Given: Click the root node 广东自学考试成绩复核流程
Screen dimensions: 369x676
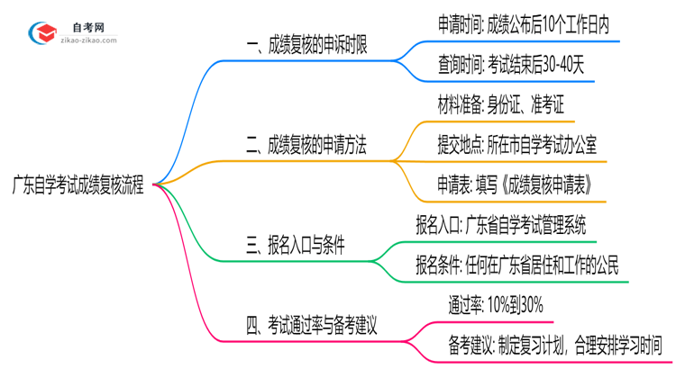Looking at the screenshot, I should tap(83, 184).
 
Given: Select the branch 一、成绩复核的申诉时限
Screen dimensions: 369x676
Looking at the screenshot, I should tap(306, 44).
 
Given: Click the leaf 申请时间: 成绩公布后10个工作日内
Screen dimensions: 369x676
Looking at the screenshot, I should tap(523, 25).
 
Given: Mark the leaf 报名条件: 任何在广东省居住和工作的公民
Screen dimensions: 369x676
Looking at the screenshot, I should tap(516, 265).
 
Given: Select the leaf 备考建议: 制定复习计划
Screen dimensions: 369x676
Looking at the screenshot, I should tap(554, 344).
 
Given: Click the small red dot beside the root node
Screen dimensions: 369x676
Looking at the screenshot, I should tap(155, 184).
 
